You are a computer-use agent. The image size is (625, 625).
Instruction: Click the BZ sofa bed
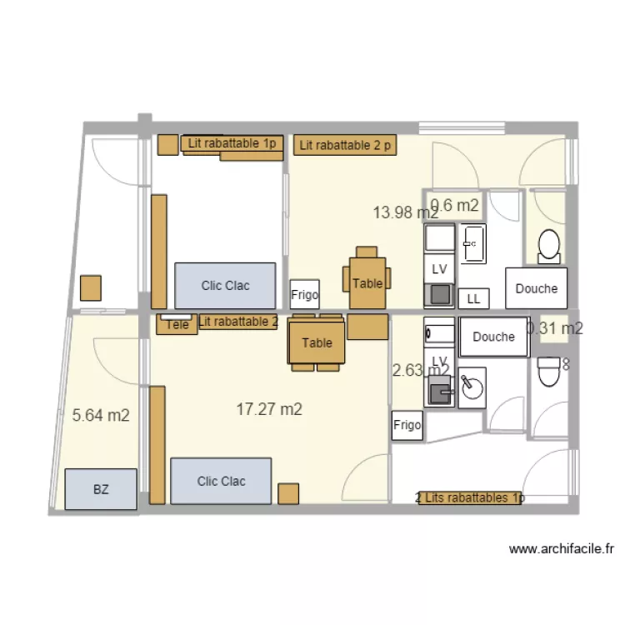(x=101, y=489)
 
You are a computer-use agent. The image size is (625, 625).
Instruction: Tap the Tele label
(x=177, y=325)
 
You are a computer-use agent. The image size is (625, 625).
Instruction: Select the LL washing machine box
(x=473, y=298)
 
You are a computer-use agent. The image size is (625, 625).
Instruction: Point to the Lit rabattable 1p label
(x=232, y=143)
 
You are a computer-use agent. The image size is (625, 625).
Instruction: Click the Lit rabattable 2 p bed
(x=345, y=146)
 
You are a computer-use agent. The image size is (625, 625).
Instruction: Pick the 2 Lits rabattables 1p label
(x=470, y=498)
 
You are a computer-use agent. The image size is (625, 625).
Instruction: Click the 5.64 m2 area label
(x=101, y=416)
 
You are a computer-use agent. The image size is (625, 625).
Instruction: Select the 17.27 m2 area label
(x=269, y=409)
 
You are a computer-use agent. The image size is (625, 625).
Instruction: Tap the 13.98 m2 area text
(x=405, y=212)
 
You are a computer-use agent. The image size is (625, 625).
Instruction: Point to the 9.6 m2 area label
(x=454, y=205)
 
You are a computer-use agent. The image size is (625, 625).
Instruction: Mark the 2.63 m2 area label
(x=421, y=370)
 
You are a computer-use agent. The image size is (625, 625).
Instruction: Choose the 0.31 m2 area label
(x=555, y=328)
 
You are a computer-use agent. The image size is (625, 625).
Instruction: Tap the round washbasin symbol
(x=472, y=387)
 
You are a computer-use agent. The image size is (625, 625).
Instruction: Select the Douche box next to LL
(x=536, y=288)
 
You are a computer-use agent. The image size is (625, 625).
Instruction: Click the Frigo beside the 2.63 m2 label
(x=407, y=426)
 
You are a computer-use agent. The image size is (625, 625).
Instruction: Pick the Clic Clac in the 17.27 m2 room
(x=221, y=481)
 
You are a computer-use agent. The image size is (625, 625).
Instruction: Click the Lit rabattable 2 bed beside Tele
(x=237, y=322)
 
